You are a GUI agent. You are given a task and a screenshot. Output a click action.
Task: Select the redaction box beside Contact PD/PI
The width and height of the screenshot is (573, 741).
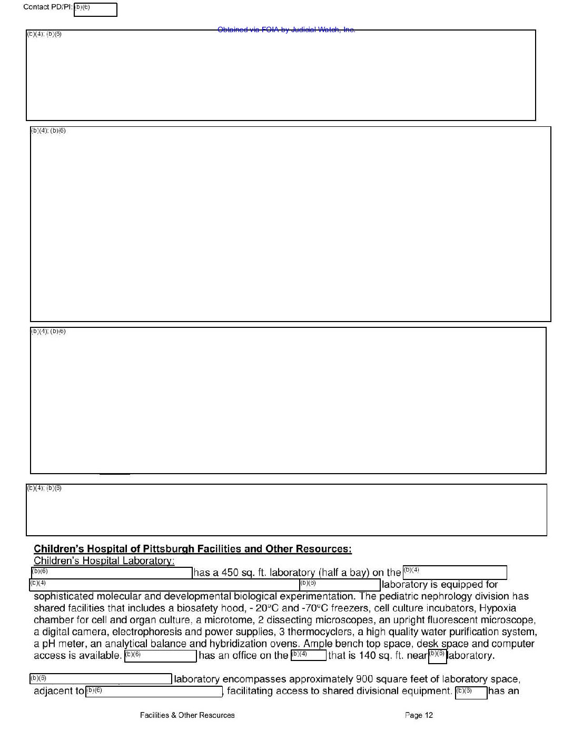95,10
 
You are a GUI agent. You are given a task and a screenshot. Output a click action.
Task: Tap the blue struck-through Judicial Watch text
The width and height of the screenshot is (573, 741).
286,29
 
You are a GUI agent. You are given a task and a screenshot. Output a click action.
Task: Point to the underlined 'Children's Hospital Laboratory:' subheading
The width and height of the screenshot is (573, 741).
104,561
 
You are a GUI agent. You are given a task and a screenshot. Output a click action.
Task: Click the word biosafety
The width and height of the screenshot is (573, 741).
190,608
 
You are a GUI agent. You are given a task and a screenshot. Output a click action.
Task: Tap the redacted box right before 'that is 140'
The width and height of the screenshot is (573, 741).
308,656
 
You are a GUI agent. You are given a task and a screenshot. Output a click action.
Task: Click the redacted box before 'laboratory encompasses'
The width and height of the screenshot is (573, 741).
101,679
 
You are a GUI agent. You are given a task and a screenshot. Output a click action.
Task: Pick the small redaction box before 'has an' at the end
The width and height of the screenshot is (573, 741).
471,693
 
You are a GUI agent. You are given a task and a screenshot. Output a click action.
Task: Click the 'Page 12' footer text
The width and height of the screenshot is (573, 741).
419,715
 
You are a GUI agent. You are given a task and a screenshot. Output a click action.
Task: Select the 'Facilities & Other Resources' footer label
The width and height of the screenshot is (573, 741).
187,715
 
